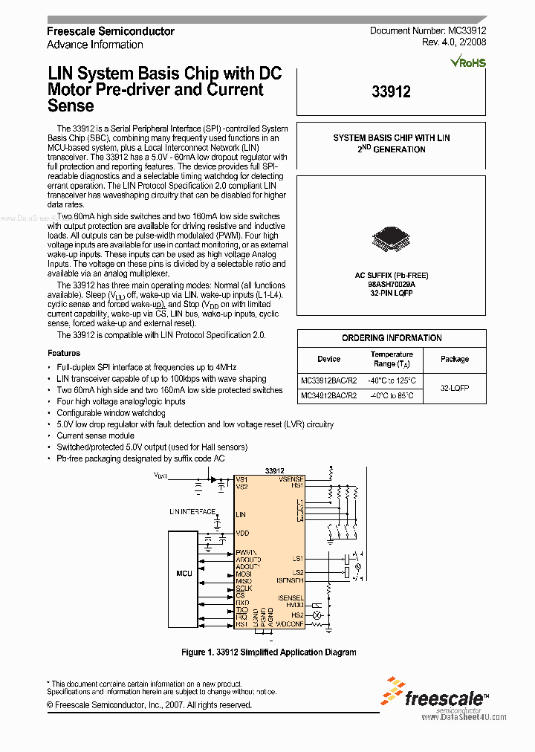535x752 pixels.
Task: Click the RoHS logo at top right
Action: pyautogui.click(x=468, y=62)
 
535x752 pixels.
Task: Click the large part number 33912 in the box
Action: pyautogui.click(x=391, y=92)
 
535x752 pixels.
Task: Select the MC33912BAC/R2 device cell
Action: pyautogui.click(x=328, y=380)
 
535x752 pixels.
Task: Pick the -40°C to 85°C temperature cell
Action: pyautogui.click(x=392, y=395)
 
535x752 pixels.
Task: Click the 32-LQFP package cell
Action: pyautogui.click(x=454, y=388)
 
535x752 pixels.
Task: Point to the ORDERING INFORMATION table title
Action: pyautogui.click(x=392, y=338)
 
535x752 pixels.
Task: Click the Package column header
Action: pyautogui.click(x=454, y=359)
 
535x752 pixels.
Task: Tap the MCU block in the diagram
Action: pyautogui.click(x=184, y=574)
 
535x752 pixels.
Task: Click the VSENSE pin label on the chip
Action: pyautogui.click(x=291, y=479)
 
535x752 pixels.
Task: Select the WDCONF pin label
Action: pyautogui.click(x=289, y=623)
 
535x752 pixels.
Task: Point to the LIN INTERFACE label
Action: pyautogui.click(x=192, y=512)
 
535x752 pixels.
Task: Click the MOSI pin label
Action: pyautogui.click(x=244, y=574)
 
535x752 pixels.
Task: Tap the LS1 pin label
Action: pyautogui.click(x=297, y=557)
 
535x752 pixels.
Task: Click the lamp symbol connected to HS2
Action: pyautogui.click(x=317, y=616)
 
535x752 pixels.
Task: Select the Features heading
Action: pyautogui.click(x=64, y=353)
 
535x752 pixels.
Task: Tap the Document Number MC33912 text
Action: pyautogui.click(x=427, y=31)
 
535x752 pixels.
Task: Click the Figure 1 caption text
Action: pyautogui.click(x=268, y=652)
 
